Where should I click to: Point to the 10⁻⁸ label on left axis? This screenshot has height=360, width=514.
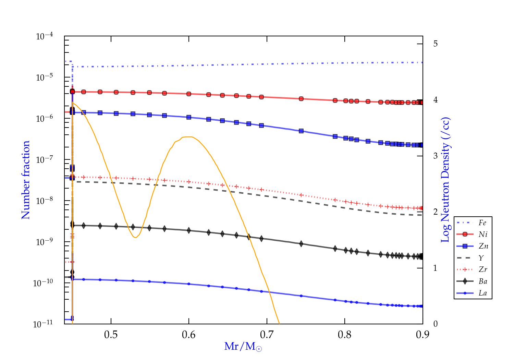pyautogui.click(x=45, y=200)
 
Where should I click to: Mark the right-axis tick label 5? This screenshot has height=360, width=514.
pyautogui.click(x=435, y=44)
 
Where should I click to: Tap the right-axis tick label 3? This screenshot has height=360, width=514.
pyautogui.click(x=435, y=156)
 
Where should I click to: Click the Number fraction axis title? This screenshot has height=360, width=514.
pyautogui.click(x=26, y=180)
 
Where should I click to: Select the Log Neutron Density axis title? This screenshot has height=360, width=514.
pyautogui.click(x=445, y=180)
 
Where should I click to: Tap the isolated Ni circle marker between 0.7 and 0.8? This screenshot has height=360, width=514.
pyautogui.click(x=301, y=99)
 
